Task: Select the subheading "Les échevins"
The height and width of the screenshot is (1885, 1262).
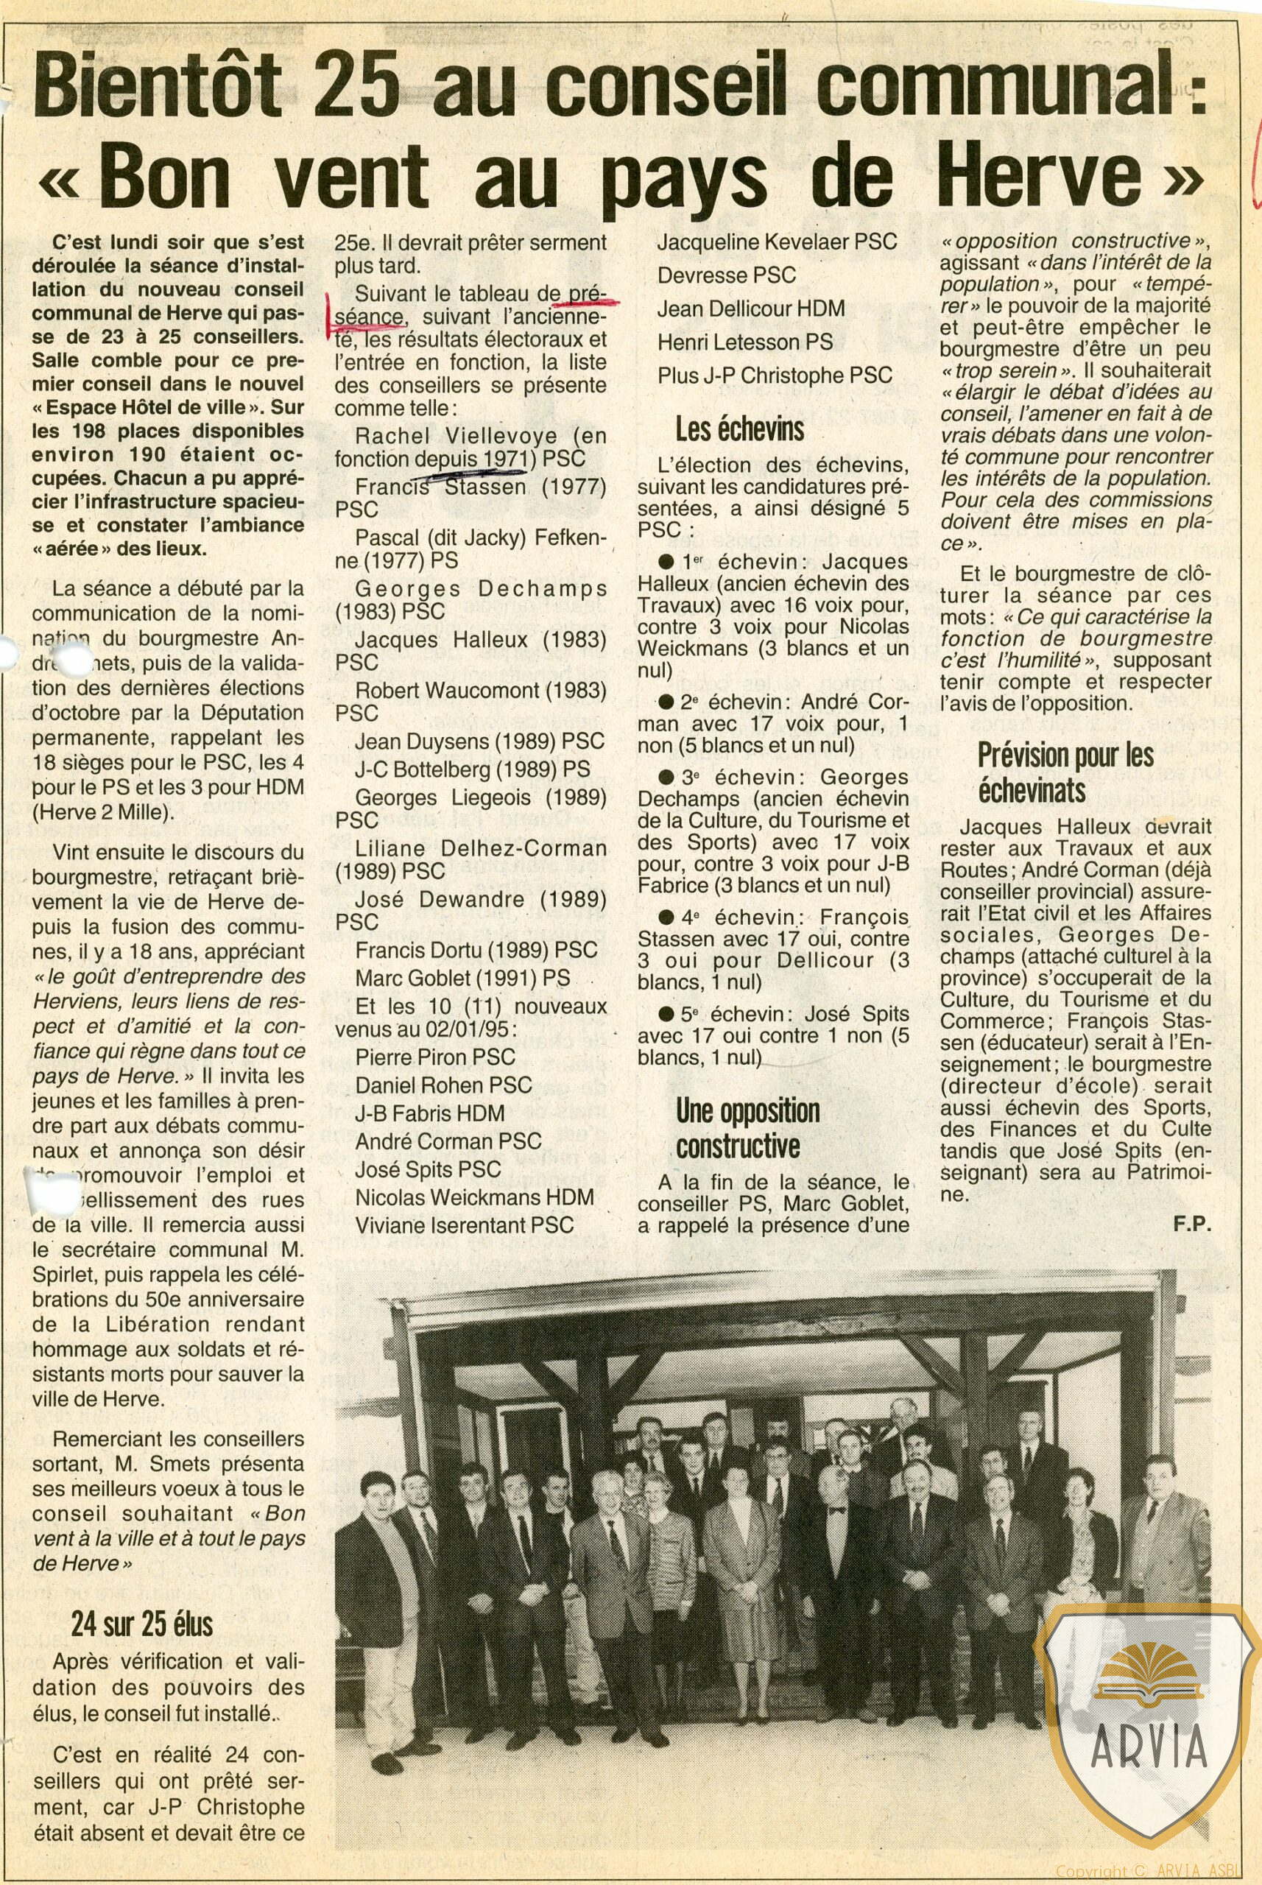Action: pos(740,430)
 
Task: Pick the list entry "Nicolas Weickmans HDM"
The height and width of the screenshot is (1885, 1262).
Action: pos(474,1197)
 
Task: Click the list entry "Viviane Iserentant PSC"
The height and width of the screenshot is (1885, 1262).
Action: pos(465,1225)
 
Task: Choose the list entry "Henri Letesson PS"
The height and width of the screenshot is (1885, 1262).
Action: pos(744,342)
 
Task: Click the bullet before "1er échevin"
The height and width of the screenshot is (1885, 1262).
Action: pos(666,562)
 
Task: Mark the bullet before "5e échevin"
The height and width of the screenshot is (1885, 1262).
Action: pos(666,1014)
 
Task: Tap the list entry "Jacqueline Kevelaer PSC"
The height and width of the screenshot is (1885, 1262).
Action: pos(777,242)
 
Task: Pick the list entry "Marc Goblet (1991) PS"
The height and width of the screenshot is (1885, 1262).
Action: pos(463,978)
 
